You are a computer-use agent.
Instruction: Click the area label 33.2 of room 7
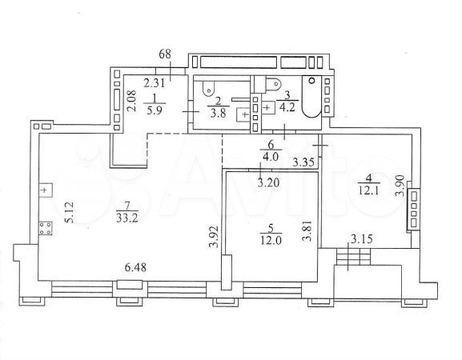coord(127,218)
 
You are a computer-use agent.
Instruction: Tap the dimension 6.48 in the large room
coord(135,267)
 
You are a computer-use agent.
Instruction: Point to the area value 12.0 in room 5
coord(271,240)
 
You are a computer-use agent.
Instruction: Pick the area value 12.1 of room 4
coord(369,191)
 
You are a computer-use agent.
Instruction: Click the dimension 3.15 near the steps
coord(362,238)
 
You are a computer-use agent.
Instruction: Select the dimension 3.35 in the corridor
coord(303,162)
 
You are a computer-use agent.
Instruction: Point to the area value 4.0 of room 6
coord(271,156)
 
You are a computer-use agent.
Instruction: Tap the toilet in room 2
coord(209,88)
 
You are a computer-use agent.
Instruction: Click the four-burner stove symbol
coord(46,229)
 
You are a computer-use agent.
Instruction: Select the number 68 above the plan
coord(165,54)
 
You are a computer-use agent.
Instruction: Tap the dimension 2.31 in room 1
coord(154,83)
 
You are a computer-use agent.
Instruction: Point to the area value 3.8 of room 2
coord(219,114)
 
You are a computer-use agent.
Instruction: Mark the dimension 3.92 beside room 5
coord(215,236)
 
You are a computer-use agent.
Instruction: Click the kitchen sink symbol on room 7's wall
coord(46,190)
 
